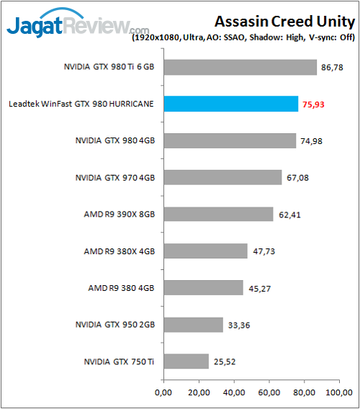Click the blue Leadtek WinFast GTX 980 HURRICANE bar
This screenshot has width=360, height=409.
click(231, 104)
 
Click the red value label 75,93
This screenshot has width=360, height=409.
click(314, 104)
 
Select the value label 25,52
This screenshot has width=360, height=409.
click(225, 361)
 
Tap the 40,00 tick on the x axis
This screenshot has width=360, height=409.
click(234, 393)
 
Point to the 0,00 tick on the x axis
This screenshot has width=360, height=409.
click(164, 393)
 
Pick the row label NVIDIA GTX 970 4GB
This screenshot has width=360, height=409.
click(117, 177)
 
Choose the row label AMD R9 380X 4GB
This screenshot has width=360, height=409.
click(120, 251)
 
